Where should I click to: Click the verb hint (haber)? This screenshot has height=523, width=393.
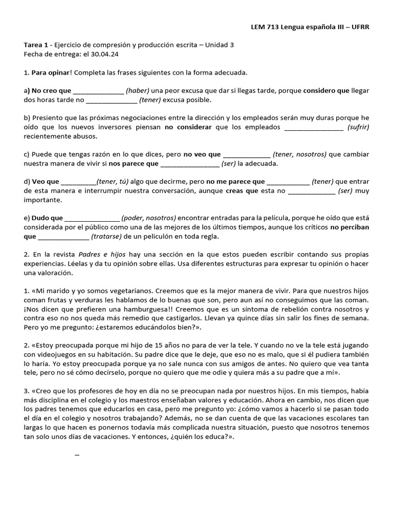click(140, 91)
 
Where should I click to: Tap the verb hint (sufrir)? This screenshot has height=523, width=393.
click(358, 127)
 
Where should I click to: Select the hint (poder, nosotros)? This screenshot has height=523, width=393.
click(148, 218)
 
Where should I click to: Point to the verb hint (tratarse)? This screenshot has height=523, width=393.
click(106, 236)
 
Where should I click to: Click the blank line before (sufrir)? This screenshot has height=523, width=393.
click(313, 127)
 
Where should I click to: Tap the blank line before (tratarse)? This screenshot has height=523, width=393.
click(63, 236)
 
